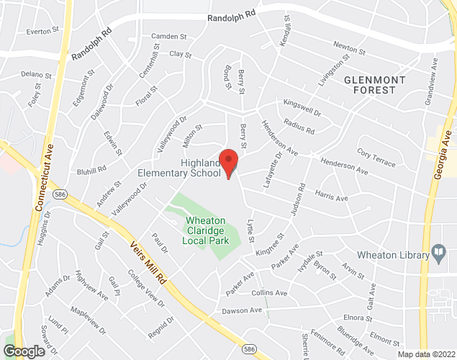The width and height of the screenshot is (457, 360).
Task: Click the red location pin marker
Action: pyautogui.click(x=229, y=163)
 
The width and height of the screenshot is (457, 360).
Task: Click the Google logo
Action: pyautogui.click(x=23, y=351)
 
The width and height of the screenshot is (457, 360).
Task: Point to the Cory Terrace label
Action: pyautogui.click(x=376, y=158)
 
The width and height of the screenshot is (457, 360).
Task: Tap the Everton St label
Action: pyautogui.click(x=41, y=32)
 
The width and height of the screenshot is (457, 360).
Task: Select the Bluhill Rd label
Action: pyautogui.click(x=92, y=170)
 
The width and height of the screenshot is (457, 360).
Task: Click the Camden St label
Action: pyautogui.click(x=168, y=36)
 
